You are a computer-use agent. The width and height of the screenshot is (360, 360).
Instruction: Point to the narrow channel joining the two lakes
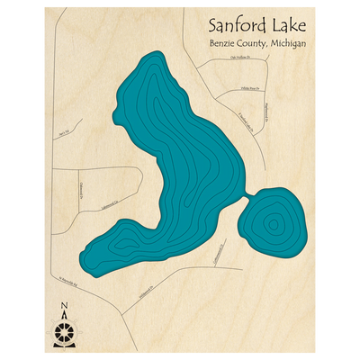click(x=247, y=195)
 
